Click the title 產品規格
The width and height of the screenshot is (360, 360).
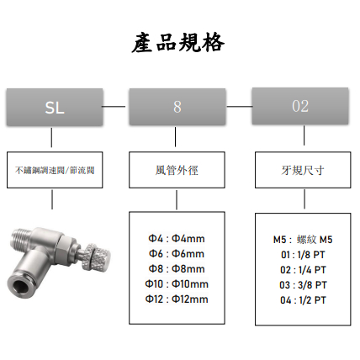pyautogui.click(x=178, y=43)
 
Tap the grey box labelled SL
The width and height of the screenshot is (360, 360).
pyautogui.click(x=55, y=107)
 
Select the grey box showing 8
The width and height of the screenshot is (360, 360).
pyautogui.click(x=177, y=107)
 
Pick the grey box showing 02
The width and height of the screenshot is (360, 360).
pyautogui.click(x=300, y=106)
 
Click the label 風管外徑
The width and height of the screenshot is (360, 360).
pyautogui.click(x=177, y=170)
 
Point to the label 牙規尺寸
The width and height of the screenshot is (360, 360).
pyautogui.click(x=303, y=170)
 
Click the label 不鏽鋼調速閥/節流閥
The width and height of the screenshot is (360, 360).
pyautogui.click(x=55, y=170)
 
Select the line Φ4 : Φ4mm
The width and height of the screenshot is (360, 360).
pyautogui.click(x=177, y=239)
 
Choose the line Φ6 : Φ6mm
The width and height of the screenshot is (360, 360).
pyautogui.click(x=177, y=254)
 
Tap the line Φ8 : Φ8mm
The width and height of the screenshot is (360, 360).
pyautogui.click(x=177, y=269)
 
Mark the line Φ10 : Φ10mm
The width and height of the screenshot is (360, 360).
pyautogui.click(x=177, y=284)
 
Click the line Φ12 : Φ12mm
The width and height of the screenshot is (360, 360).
pyautogui.click(x=177, y=299)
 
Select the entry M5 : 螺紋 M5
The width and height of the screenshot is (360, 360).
pyautogui.click(x=303, y=240)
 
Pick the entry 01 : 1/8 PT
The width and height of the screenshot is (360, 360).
pyautogui.click(x=303, y=255)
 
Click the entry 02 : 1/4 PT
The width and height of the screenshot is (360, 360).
pyautogui.click(x=303, y=270)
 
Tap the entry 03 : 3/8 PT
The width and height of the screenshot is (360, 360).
pyautogui.click(x=303, y=285)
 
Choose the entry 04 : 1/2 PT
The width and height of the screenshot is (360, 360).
pyautogui.click(x=303, y=300)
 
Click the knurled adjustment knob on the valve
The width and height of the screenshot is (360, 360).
pyautogui.click(x=97, y=258)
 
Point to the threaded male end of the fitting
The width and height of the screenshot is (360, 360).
pyautogui.click(x=21, y=238)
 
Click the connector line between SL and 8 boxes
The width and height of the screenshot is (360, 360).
pyautogui.click(x=114, y=107)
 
